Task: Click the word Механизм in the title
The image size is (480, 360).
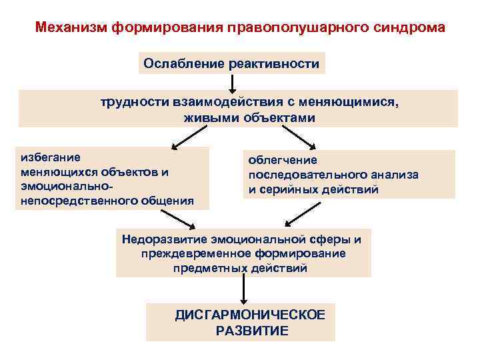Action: (x=71, y=29)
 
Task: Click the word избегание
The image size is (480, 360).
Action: (x=51, y=157)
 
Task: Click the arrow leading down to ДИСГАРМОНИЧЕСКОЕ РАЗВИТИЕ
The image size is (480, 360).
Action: (x=244, y=289)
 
